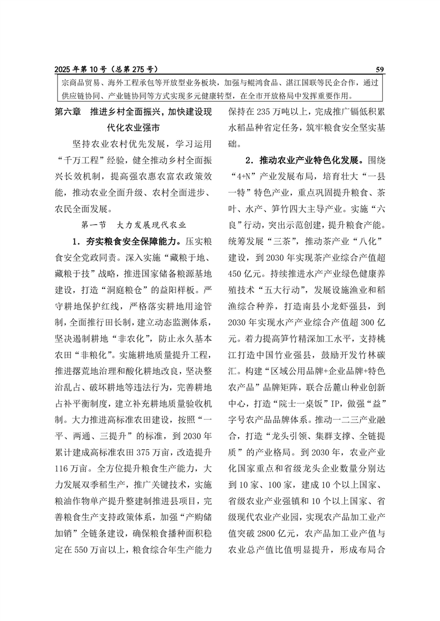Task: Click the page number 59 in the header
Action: point(380,69)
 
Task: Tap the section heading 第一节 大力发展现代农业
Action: point(133,225)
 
